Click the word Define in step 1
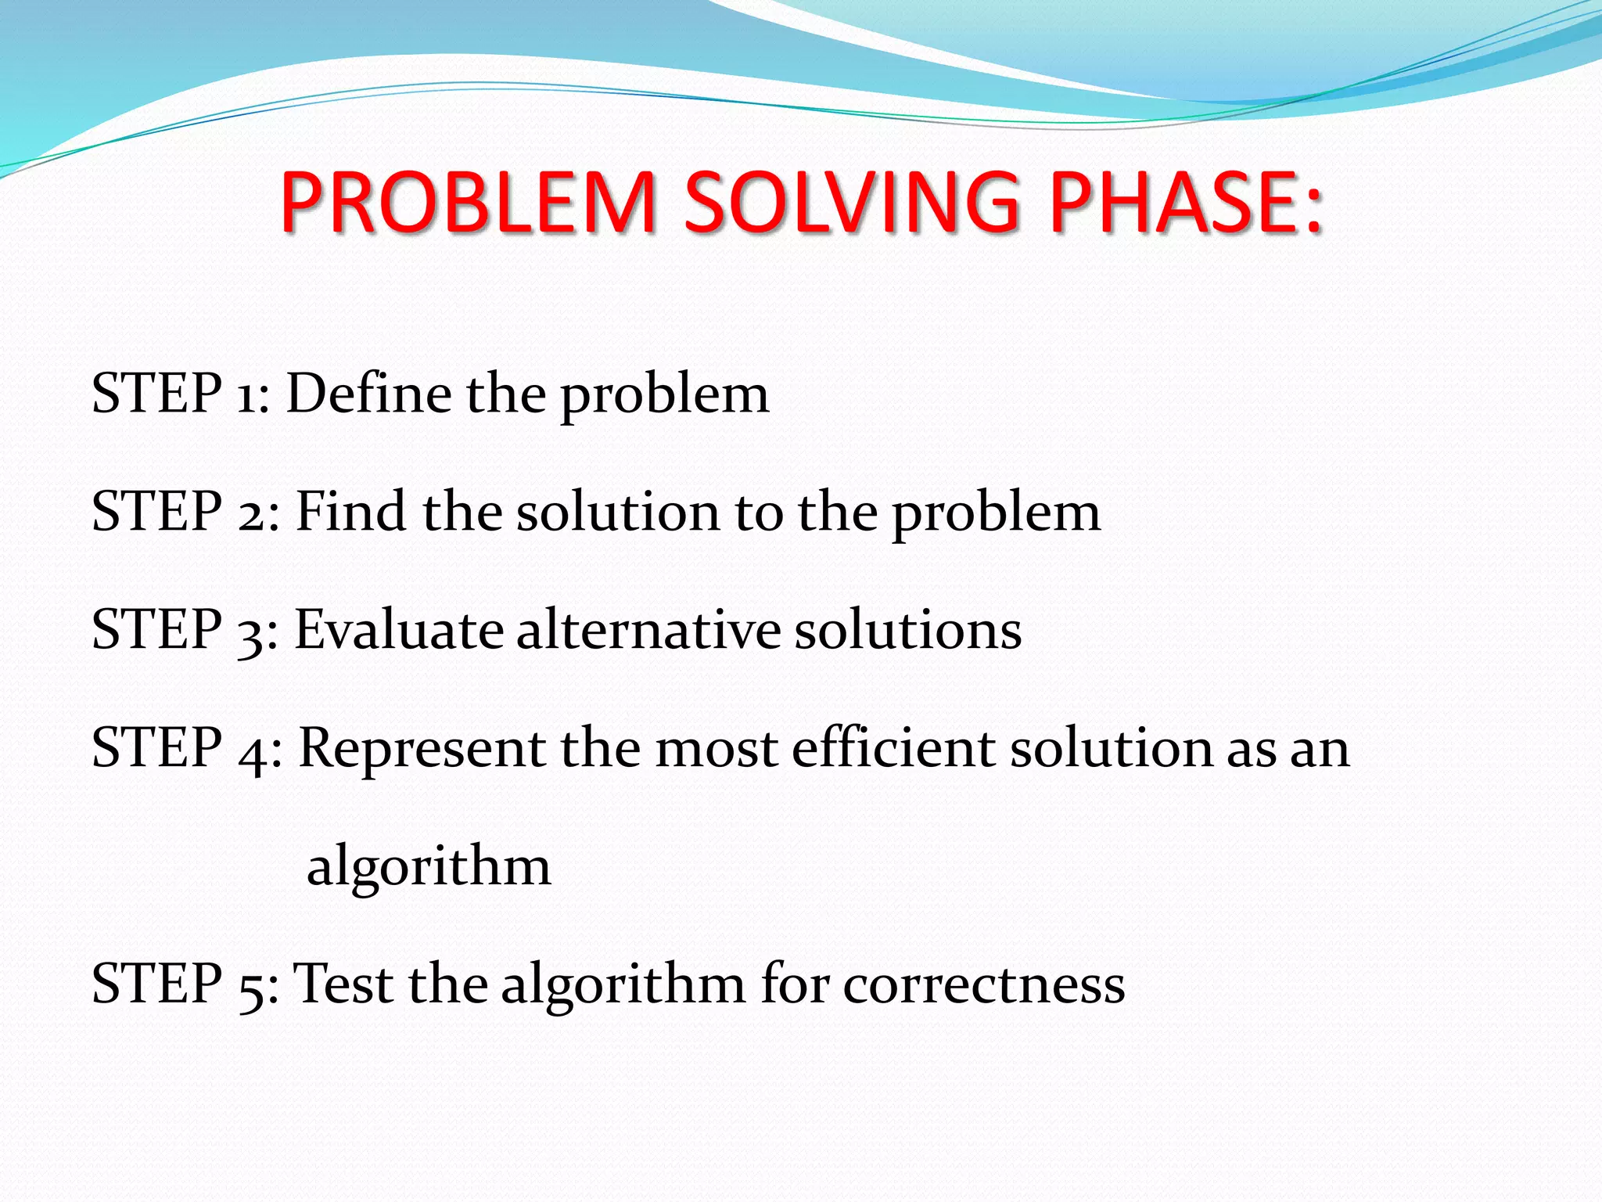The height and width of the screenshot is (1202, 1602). click(x=368, y=393)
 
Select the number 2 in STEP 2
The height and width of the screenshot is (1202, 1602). click(x=253, y=515)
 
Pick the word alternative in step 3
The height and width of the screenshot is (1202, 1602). click(x=648, y=630)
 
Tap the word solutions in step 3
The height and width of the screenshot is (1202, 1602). click(x=907, y=630)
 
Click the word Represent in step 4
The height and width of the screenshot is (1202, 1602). click(x=422, y=750)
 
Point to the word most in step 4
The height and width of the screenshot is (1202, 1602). click(x=716, y=750)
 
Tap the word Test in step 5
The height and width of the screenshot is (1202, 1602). click(x=342, y=984)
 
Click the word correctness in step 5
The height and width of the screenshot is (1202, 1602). click(x=983, y=985)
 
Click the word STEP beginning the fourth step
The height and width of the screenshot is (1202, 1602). click(x=156, y=748)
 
